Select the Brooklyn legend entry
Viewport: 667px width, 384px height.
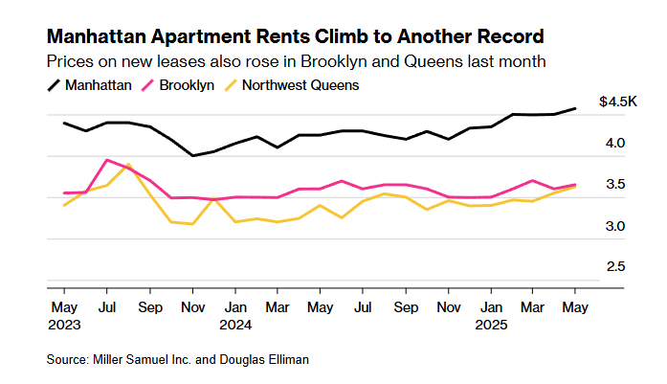(x=178, y=85)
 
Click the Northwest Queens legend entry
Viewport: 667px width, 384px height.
(x=291, y=85)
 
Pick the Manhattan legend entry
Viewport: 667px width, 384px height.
(x=89, y=85)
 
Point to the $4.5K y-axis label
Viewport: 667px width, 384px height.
(x=617, y=102)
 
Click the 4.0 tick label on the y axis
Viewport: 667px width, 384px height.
(x=615, y=143)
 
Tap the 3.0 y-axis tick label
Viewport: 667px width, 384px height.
(x=615, y=226)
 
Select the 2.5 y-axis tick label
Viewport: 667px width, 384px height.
(x=615, y=266)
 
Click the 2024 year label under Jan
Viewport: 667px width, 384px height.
(x=235, y=325)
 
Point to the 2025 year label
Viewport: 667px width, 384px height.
(x=491, y=325)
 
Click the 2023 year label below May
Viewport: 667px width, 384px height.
(x=64, y=325)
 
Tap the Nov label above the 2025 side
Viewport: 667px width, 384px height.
(x=449, y=307)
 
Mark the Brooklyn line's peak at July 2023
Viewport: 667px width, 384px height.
(x=107, y=160)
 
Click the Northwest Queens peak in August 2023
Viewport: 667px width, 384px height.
(x=128, y=165)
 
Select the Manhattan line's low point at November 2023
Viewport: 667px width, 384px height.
(x=192, y=155)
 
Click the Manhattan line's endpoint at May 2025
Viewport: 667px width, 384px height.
(x=575, y=108)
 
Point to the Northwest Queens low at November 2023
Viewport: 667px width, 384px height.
(x=192, y=224)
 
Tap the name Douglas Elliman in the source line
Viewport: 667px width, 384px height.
(x=264, y=360)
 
